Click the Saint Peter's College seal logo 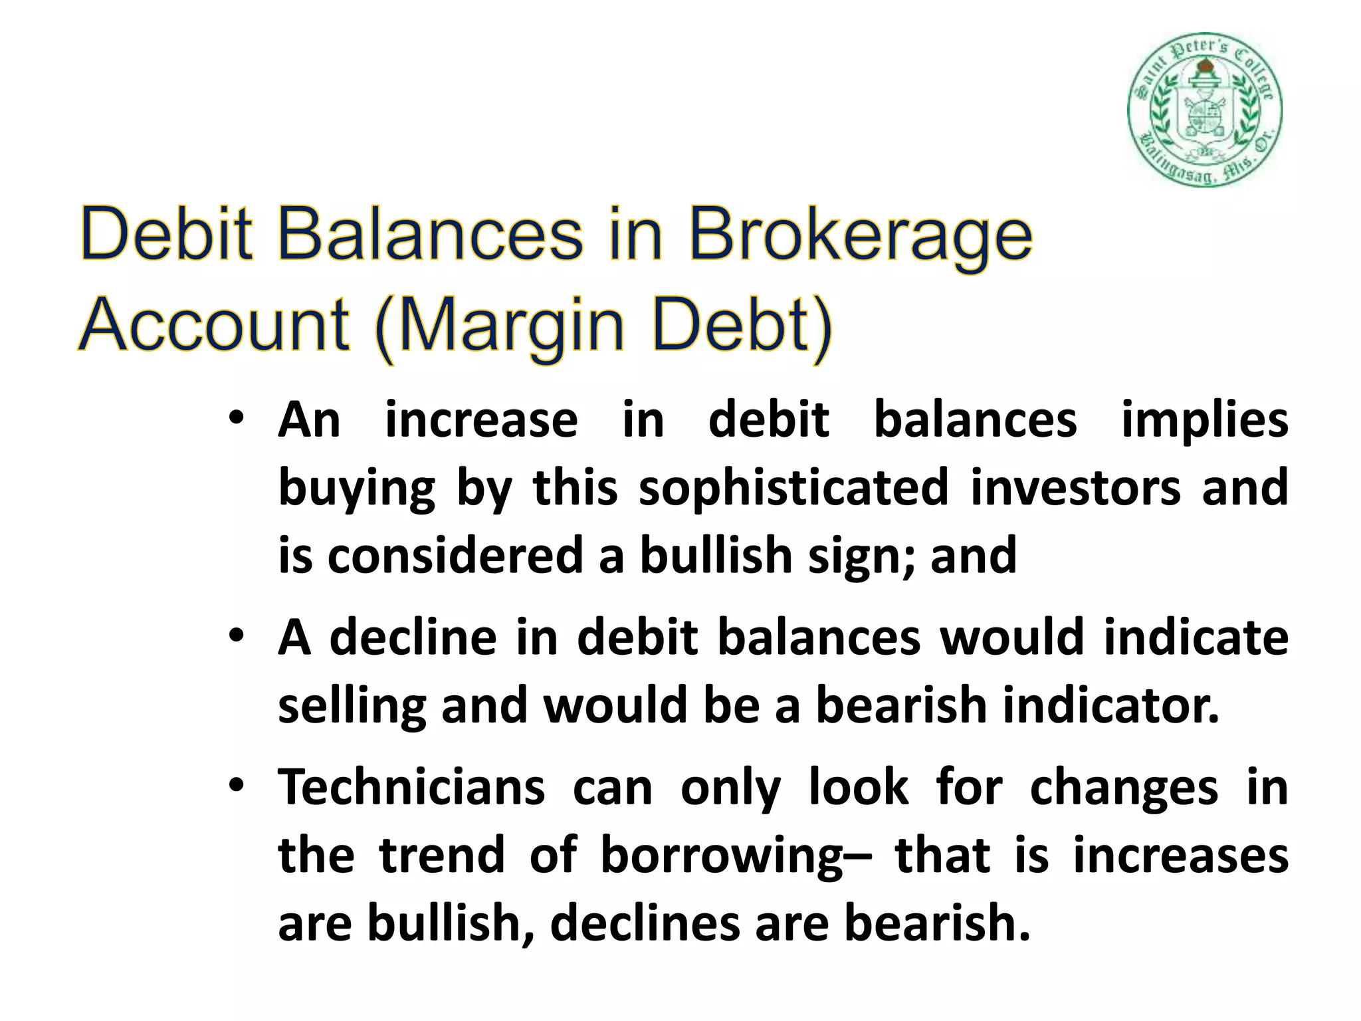pos(1204,109)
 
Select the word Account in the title pos(215,326)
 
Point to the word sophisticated pos(793,488)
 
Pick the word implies pos(1205,421)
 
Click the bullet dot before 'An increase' pos(236,420)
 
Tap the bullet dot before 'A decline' pos(236,636)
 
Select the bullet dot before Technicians pos(236,786)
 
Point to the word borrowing pos(721,856)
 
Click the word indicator pos(1111,706)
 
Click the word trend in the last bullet pos(442,855)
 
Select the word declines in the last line pos(645,924)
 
